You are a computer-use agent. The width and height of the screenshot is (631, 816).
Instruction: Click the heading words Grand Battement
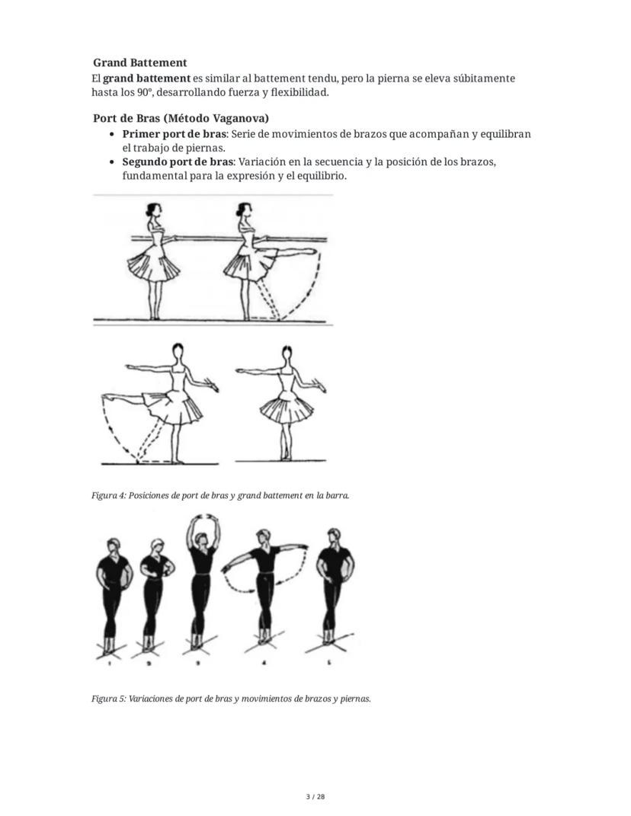coord(139,62)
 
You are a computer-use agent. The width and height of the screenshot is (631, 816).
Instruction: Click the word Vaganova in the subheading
coord(235,118)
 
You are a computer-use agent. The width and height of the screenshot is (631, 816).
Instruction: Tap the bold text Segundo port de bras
coord(173,162)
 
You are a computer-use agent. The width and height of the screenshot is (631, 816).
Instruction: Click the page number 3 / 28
coord(315,797)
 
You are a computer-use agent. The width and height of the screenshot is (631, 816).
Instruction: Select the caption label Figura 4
coord(107,495)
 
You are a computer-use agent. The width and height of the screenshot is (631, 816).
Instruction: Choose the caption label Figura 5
coord(107,698)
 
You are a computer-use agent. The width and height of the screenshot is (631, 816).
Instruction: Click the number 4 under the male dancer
coord(264,664)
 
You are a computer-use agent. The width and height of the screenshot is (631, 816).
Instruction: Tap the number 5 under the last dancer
coord(329,664)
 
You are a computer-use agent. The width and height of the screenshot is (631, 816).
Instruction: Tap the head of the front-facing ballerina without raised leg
coord(287,354)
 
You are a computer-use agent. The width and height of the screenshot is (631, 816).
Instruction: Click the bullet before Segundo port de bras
coord(113,162)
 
